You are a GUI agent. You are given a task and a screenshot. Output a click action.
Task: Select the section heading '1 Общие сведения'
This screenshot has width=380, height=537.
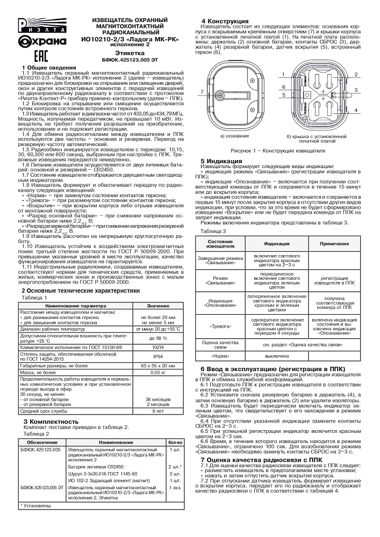click(42, 67)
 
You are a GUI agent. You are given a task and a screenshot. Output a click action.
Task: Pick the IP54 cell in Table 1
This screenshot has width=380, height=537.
click(157, 356)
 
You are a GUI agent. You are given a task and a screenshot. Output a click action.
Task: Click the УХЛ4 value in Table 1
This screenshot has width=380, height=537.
click(157, 347)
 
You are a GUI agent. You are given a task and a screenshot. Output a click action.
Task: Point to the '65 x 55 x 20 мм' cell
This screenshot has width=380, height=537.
click(157, 365)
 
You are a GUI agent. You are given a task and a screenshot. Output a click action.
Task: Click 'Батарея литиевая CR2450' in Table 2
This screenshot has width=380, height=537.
click(96, 467)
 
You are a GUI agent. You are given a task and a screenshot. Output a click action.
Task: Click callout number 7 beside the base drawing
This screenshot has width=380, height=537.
click(201, 93)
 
